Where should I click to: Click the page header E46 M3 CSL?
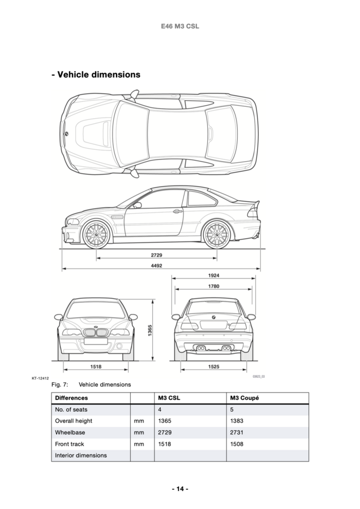(180, 26)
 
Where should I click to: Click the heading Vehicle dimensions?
(96, 74)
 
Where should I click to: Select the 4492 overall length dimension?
(157, 266)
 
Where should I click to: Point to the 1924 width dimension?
(213, 275)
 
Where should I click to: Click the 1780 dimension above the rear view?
(213, 286)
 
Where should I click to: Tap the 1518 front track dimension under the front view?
(96, 366)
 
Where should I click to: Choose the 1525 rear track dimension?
(213, 366)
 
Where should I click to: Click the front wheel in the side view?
(96, 234)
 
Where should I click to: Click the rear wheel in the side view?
(216, 234)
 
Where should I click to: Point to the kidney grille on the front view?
(96, 334)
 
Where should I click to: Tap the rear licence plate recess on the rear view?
(213, 325)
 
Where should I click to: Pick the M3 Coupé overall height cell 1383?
(237, 421)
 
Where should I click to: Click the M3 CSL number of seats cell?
(160, 409)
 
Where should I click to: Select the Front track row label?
(70, 444)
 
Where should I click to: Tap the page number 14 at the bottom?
(180, 489)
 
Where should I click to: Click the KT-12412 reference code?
(40, 378)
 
